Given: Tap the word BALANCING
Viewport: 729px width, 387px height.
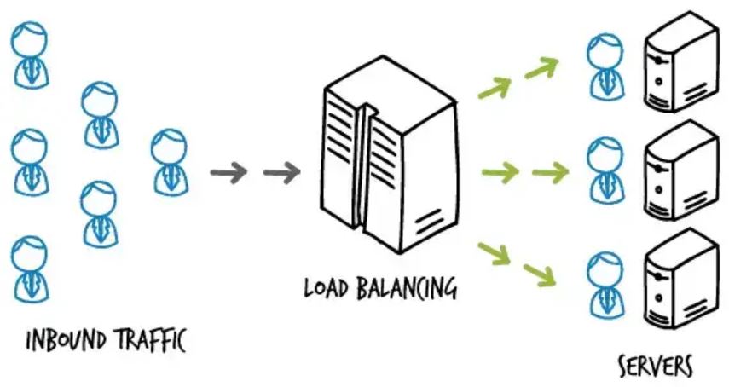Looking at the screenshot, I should [x=408, y=287].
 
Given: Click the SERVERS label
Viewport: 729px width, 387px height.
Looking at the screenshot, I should [x=655, y=367].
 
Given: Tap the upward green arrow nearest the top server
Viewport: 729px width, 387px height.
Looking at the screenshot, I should [x=541, y=68].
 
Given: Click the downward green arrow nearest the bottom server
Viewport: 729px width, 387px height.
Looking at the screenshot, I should [x=541, y=274].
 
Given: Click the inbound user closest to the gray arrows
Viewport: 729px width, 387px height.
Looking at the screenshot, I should [x=169, y=161].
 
